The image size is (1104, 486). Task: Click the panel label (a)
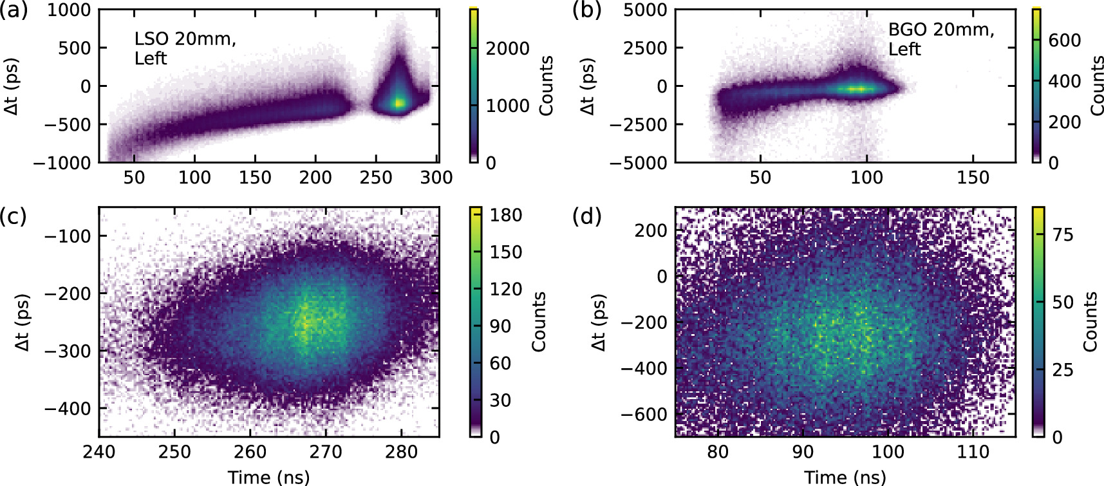pos(14,11)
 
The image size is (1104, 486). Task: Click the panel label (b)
pos(586,11)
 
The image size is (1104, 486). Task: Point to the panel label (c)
pos(14,216)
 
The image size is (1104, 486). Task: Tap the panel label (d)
pos(586,216)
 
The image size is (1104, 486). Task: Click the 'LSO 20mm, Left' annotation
pos(185,48)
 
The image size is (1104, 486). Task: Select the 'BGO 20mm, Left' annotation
pos(940,39)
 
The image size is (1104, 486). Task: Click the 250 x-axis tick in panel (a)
pos(376,177)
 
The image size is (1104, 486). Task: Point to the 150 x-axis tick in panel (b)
pos(973,177)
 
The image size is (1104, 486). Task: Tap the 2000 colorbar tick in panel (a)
pos(507,48)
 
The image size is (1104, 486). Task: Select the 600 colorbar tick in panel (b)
pos(1065,40)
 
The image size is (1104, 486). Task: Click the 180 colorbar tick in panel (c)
pos(506,215)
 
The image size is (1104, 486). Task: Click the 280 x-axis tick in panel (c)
pos(401,451)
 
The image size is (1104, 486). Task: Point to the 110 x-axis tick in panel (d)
pos(973,451)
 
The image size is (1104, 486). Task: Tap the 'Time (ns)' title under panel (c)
pos(268,477)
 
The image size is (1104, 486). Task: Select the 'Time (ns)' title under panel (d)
pos(845,477)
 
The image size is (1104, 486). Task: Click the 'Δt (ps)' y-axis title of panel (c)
pos(23,322)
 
